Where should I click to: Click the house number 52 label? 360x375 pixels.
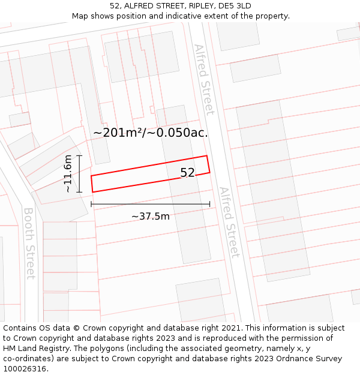(187, 173)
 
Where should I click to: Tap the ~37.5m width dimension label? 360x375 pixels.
(150, 216)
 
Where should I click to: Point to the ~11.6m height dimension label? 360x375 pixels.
(68, 173)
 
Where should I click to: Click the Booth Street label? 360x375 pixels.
(29, 243)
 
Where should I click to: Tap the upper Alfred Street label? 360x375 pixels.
(203, 79)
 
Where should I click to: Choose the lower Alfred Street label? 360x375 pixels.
(229, 222)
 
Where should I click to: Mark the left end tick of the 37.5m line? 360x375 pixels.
(91, 204)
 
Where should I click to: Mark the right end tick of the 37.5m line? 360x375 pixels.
(209, 204)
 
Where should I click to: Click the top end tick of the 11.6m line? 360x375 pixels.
(79, 155)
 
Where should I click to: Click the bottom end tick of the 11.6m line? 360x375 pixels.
(79, 191)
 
